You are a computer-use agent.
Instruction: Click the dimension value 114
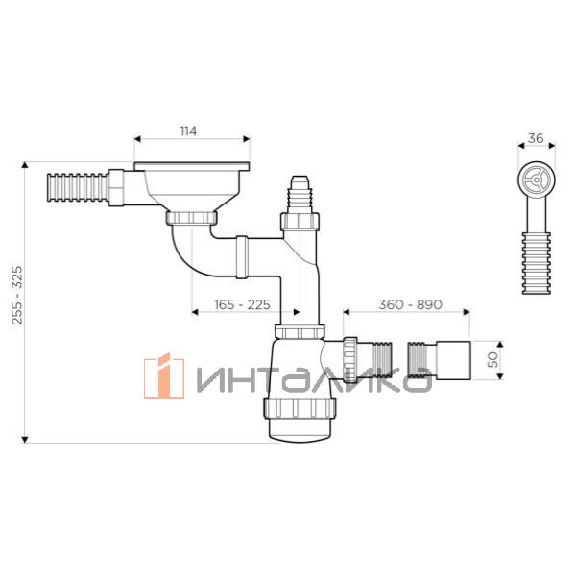tap(188, 132)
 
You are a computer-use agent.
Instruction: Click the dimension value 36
tap(536, 138)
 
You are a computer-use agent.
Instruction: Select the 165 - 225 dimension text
tap(243, 304)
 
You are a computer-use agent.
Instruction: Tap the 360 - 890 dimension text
tap(410, 304)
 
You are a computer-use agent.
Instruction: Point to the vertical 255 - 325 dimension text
tap(17, 296)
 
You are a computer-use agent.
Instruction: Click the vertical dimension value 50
tap(493, 359)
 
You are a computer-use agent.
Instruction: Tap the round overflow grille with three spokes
tap(537, 180)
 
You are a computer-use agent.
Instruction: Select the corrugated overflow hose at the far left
tap(78, 188)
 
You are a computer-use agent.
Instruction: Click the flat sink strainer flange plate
tap(192, 166)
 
